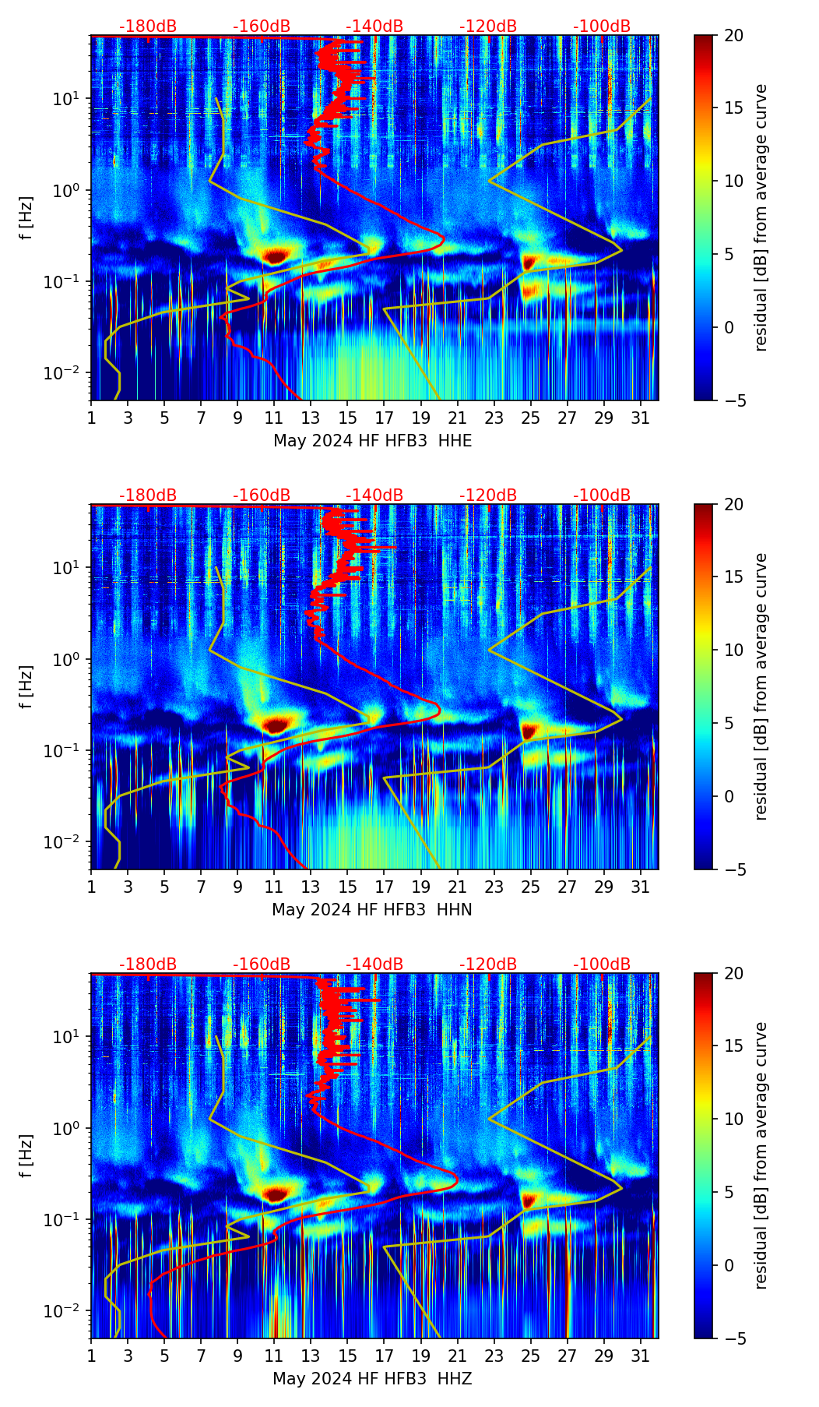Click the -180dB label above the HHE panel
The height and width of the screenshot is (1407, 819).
click(x=148, y=26)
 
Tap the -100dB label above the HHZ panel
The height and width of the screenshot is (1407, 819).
click(x=602, y=964)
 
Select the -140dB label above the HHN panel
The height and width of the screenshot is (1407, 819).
click(x=374, y=495)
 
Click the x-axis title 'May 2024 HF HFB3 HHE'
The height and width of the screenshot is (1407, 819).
click(x=372, y=441)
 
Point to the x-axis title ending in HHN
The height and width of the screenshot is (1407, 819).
click(x=372, y=910)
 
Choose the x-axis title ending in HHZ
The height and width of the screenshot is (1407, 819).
click(x=372, y=1379)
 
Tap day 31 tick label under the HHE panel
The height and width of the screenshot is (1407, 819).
click(x=641, y=418)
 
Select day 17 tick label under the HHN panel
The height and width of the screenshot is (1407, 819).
click(x=384, y=887)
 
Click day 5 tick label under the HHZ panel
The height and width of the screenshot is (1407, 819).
click(x=164, y=1356)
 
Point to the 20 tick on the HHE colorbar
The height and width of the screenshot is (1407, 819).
click(x=733, y=35)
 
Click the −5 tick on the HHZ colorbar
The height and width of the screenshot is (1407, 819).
click(x=733, y=1338)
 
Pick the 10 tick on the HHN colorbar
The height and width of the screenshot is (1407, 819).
click(x=733, y=650)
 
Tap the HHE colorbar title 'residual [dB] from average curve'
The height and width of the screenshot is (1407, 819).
click(x=761, y=217)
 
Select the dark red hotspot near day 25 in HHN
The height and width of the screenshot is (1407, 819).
click(x=529, y=731)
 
